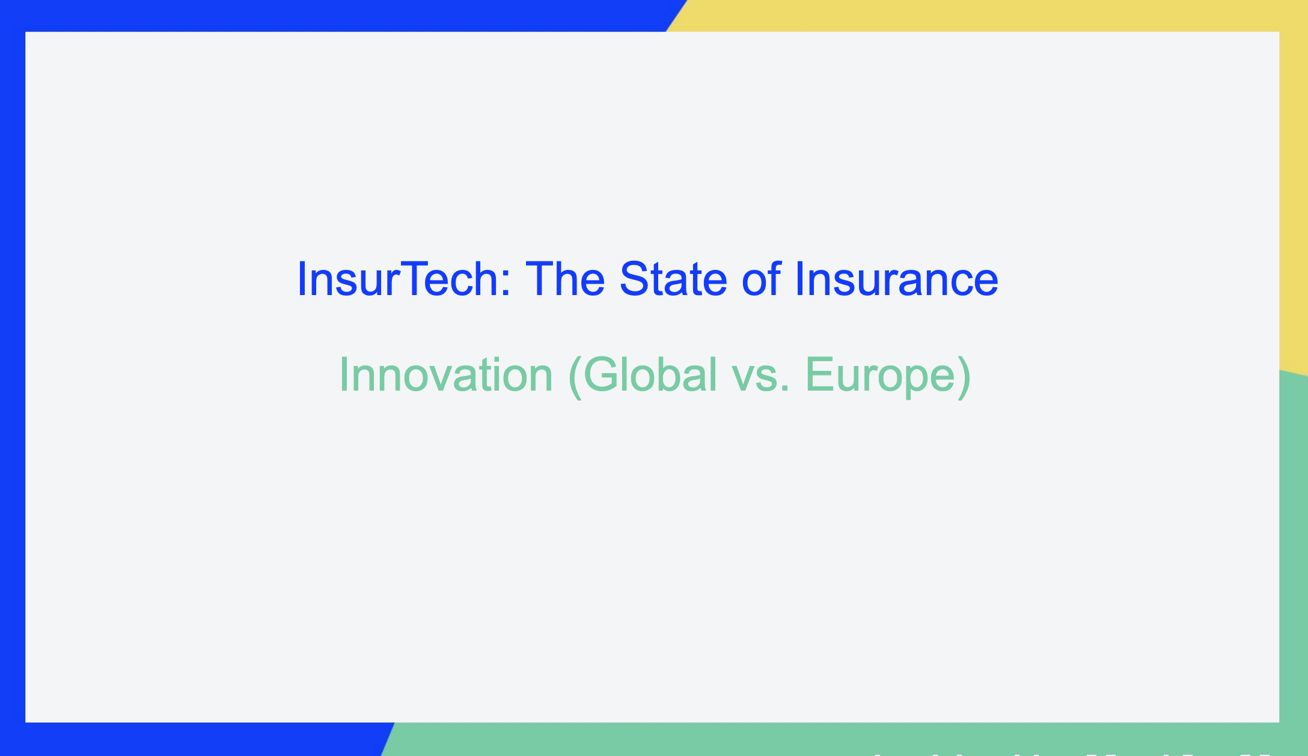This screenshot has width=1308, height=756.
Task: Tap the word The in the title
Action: click(565, 279)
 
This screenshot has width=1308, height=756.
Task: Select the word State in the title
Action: click(673, 279)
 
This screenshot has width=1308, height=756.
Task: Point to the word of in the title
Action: click(761, 279)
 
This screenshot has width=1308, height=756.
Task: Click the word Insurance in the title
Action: click(896, 279)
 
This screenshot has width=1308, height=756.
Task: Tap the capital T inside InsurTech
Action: click(421, 279)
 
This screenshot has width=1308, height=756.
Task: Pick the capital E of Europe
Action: click(821, 375)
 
